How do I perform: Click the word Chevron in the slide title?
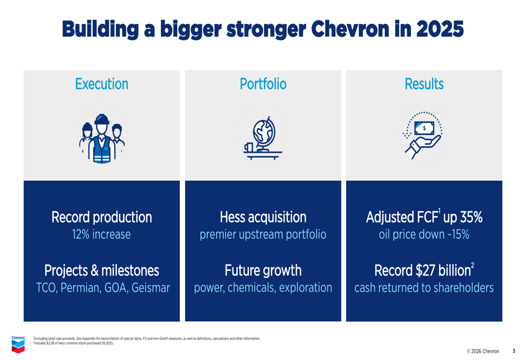[x=350, y=29]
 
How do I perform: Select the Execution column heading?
[x=102, y=84]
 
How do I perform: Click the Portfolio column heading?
[x=263, y=84]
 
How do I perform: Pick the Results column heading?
[x=424, y=84]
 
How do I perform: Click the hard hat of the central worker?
[x=102, y=119]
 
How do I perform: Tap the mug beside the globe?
[x=248, y=147]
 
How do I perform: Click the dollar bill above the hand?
[x=424, y=128]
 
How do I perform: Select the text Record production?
[x=102, y=217]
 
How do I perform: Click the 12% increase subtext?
[x=102, y=234]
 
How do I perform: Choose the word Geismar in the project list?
[x=150, y=288]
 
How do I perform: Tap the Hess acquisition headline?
[x=263, y=217]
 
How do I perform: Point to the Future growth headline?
[x=263, y=271]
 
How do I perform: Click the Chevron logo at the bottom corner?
[x=18, y=345]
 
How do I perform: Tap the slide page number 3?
[x=514, y=351]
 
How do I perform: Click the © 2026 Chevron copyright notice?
[x=483, y=351]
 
